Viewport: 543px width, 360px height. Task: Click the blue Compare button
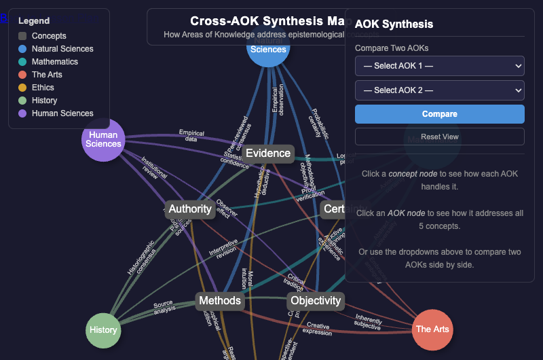[x=439, y=113]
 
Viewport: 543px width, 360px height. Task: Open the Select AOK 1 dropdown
[x=439, y=66]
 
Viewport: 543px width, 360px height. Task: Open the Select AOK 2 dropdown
[x=439, y=90]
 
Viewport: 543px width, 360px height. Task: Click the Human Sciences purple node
[x=104, y=140]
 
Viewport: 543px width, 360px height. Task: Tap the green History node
[x=103, y=330]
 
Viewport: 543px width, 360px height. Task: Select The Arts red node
[x=432, y=329]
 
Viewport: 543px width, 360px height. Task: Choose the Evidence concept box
[x=268, y=154]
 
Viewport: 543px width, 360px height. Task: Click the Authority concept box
[x=190, y=209]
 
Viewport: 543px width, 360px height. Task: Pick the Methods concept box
[x=220, y=300]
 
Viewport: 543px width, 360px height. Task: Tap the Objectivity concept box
[x=316, y=300]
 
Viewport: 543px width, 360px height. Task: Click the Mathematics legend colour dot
[x=22, y=62]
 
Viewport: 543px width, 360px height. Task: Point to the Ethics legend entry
[x=43, y=88]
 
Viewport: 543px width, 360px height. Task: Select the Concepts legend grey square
[x=22, y=36]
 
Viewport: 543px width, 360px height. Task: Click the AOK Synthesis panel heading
[x=394, y=24]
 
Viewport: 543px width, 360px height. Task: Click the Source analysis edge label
[x=164, y=307]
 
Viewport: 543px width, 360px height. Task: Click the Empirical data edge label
[x=191, y=136]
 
